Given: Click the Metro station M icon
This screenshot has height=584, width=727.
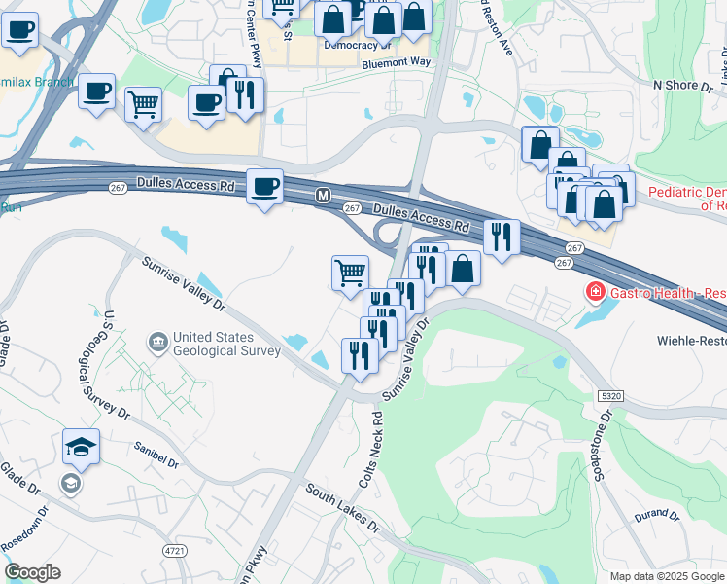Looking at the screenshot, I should (323, 197).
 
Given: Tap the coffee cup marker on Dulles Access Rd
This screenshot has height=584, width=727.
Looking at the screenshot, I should (264, 186).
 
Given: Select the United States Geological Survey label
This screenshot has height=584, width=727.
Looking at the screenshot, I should (225, 345).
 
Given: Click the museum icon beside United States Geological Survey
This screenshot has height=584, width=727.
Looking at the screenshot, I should (157, 343).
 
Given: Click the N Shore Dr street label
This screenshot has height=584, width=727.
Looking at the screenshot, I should (676, 86).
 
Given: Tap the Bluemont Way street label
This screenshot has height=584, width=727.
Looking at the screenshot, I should (396, 61).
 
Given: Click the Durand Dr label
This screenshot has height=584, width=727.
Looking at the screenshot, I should (656, 514).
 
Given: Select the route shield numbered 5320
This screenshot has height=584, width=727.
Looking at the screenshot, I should (610, 396).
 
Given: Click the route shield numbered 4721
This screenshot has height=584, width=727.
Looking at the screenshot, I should (176, 551).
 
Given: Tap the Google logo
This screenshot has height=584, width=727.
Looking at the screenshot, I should (32, 572).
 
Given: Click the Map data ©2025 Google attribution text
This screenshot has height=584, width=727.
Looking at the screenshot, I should (667, 576).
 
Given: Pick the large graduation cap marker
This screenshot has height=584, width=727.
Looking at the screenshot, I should (82, 448).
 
